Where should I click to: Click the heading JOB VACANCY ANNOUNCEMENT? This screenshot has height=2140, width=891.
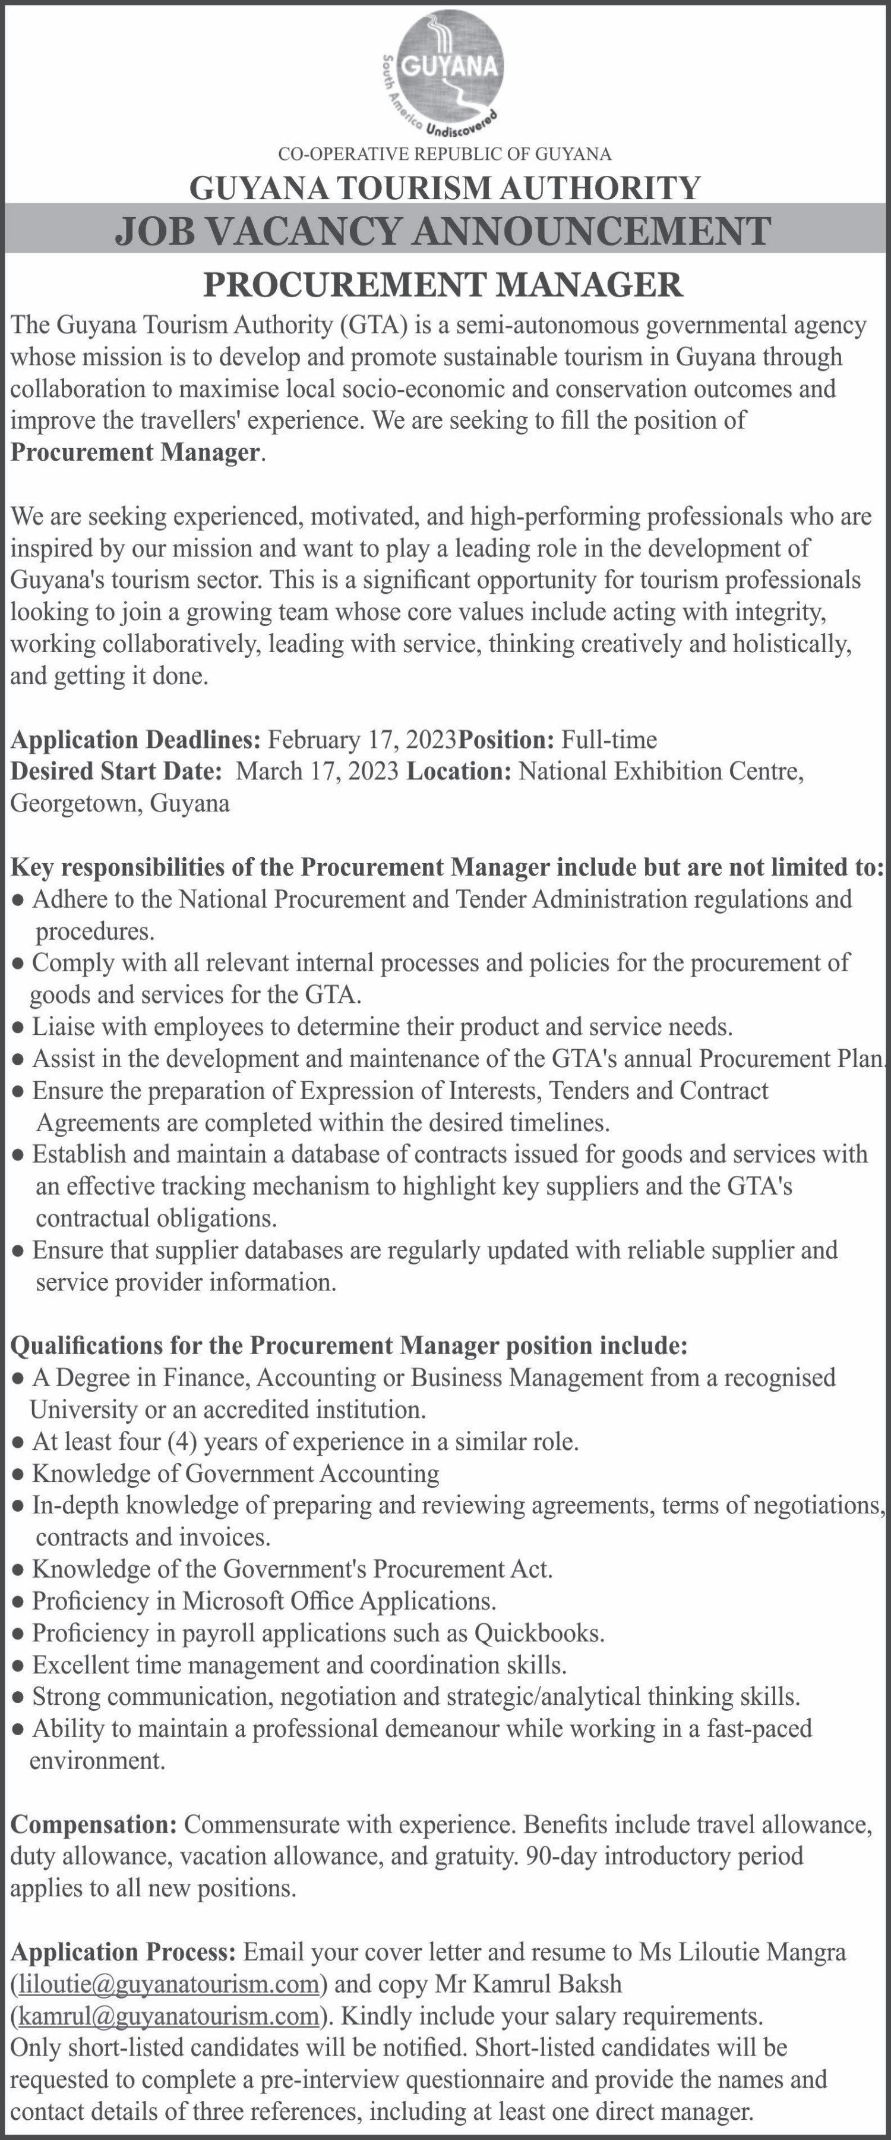444,230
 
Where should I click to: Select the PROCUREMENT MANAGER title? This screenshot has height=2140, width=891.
444,284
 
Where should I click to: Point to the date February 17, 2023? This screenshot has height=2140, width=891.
363,739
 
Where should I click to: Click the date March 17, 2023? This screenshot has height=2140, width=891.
318,771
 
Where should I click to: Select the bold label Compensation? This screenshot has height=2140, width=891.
93,1824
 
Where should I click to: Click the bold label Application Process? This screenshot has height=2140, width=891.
123,1952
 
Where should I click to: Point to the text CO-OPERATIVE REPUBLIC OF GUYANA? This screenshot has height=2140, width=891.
444,154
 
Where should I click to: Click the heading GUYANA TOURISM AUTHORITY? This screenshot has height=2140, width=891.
444,188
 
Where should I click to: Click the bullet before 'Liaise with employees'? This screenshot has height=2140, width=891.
18,1028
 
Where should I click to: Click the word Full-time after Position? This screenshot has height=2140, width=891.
609,739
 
